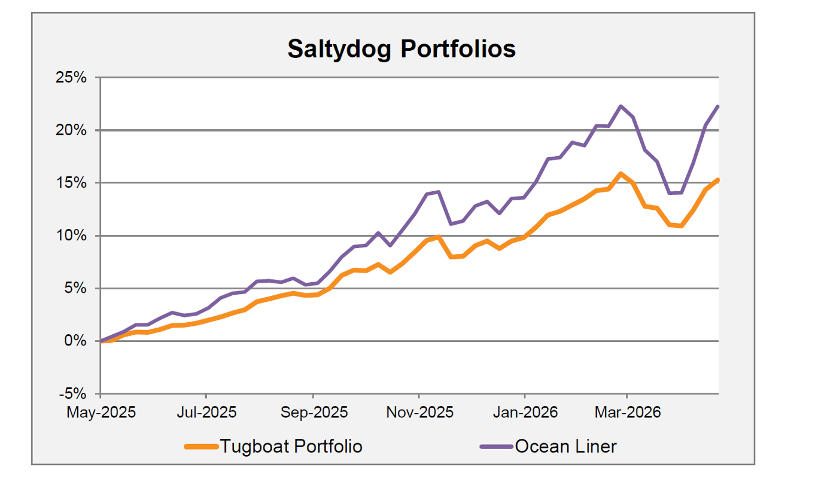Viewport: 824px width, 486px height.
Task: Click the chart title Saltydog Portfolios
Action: [401, 49]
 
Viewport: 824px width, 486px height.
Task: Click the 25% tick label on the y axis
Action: [72, 78]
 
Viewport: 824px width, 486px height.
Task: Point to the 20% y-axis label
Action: [72, 130]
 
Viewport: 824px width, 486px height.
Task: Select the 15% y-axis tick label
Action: [72, 183]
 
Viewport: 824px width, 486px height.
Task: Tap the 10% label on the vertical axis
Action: [72, 236]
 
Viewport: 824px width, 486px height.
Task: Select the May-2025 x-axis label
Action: [101, 412]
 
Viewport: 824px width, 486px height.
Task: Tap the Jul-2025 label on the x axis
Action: [206, 412]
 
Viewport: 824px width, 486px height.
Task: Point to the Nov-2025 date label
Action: [419, 412]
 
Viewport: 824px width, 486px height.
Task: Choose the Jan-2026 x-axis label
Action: [525, 412]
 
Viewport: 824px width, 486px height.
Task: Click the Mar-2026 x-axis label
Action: [627, 412]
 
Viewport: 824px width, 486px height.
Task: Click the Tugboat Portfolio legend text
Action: [291, 446]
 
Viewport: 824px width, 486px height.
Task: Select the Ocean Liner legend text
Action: [565, 446]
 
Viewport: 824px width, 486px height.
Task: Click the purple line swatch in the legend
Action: [497, 446]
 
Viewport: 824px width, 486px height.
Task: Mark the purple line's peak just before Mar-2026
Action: [621, 106]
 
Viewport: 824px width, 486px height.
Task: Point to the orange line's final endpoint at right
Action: [717, 180]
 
